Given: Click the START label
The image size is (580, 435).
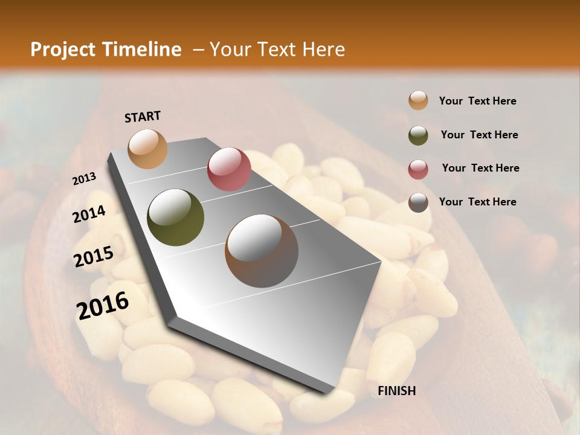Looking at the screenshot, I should click(143, 117).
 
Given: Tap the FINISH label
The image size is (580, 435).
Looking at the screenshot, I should click(397, 391).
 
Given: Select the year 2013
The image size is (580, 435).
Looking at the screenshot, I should click(84, 179).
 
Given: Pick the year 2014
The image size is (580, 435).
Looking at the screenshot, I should click(89, 214).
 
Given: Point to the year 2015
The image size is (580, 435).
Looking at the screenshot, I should click(94, 257).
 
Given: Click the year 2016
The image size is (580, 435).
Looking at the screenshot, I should click(103, 306).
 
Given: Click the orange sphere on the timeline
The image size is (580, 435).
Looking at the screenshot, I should click(147, 149).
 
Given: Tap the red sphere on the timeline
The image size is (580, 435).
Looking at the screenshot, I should click(229, 169).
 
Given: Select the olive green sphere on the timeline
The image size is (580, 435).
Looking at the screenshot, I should click(176, 217).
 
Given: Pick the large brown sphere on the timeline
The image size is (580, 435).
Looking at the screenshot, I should click(262, 250).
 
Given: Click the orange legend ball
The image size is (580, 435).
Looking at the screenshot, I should click(418, 101).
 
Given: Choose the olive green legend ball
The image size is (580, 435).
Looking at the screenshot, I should click(418, 135).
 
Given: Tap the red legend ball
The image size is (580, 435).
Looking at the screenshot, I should click(418, 169).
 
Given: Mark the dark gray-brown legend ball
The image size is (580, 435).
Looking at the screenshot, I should click(418, 202).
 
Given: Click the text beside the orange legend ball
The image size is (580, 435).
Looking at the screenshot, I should click(477, 101).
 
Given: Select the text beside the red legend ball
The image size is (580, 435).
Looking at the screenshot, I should click(480, 168).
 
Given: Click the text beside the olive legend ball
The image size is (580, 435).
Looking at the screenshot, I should click(479, 135).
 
